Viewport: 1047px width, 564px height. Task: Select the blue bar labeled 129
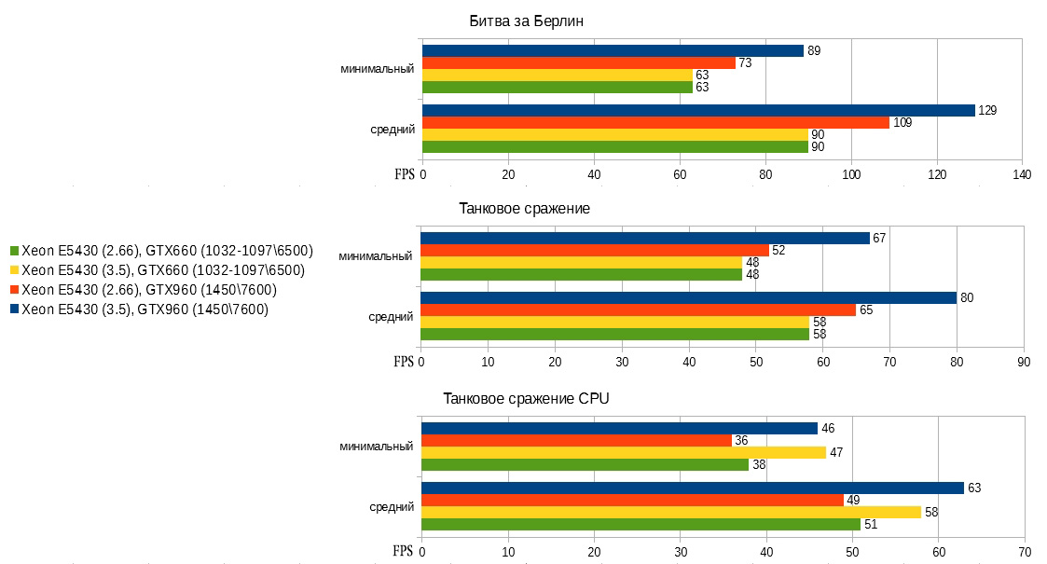pos(698,110)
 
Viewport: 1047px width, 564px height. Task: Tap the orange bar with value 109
pos(655,122)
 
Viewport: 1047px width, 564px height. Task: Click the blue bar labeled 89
pos(613,50)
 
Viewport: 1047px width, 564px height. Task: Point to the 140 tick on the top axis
pos(1022,174)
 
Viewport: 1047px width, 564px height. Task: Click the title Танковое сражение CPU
pos(526,399)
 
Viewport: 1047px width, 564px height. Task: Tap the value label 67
pos(878,238)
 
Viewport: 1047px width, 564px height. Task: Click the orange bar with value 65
pos(638,310)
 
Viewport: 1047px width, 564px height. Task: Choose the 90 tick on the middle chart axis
pos(1023,362)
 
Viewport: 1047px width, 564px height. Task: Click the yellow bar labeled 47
pos(624,452)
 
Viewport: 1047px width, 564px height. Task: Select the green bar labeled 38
pos(585,464)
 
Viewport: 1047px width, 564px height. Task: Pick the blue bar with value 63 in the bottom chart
pos(693,488)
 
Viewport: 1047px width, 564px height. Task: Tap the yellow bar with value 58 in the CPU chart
pos(671,512)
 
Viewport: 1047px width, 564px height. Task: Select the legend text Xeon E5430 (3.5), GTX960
pos(145,310)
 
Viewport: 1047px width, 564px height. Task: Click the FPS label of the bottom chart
pos(404,551)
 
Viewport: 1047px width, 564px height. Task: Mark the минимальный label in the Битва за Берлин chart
pos(377,68)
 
